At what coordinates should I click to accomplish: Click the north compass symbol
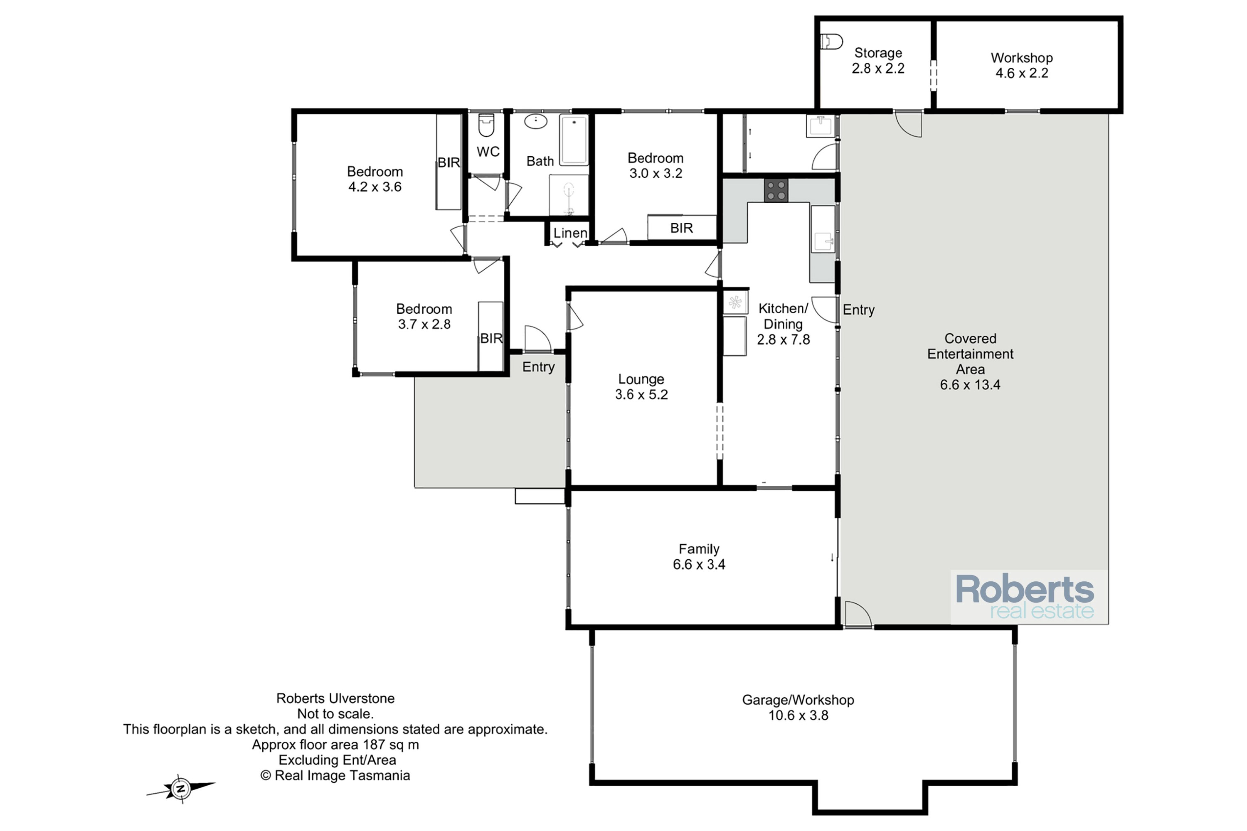pos(181,789)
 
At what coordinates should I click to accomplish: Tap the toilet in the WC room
pos(486,125)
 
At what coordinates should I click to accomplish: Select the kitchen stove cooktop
pos(776,190)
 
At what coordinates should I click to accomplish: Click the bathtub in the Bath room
pos(574,140)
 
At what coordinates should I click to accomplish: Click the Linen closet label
pos(570,233)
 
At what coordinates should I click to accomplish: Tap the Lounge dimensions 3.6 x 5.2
pos(641,394)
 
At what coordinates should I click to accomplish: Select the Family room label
pos(699,548)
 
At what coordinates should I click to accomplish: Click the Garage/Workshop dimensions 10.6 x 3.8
pos(798,715)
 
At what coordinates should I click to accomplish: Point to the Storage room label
pos(878,53)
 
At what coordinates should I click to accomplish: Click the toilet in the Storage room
pos(831,41)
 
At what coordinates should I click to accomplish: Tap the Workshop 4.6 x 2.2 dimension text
pos(1022,73)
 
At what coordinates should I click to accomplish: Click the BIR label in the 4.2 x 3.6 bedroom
pos(449,163)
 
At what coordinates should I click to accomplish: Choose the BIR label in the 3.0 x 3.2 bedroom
pos(681,228)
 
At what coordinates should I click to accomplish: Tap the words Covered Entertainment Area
pos(970,354)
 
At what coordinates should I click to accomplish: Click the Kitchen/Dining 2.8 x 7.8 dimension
pos(783,339)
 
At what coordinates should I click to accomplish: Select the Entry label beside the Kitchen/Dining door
pos(858,310)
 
